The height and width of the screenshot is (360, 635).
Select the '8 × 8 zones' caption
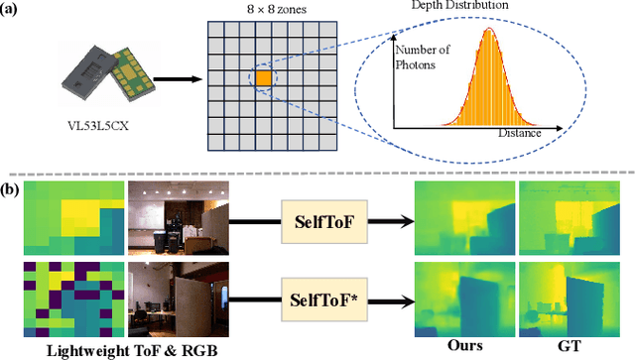[x=263, y=10]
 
